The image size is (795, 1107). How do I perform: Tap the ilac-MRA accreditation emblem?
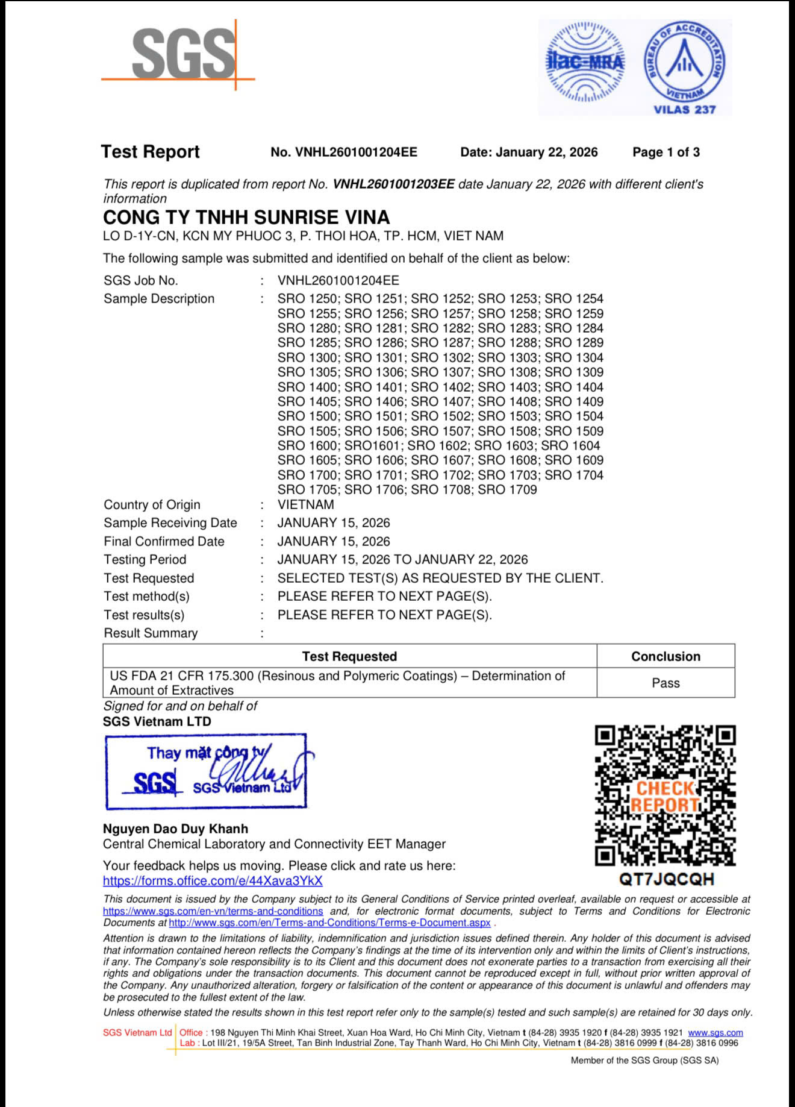(584, 63)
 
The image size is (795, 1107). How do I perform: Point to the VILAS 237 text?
(685, 109)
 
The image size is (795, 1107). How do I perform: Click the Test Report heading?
(150, 151)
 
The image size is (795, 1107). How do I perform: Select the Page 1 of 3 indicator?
(666, 152)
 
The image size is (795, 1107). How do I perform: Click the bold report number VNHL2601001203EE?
(393, 184)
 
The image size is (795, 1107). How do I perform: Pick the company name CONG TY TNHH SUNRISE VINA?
(246, 217)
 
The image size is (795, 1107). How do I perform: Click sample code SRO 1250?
(308, 299)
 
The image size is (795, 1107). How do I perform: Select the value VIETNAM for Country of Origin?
(305, 504)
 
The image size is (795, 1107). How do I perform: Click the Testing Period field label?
(145, 559)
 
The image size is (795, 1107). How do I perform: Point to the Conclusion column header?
(666, 656)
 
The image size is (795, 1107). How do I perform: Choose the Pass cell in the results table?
(666, 683)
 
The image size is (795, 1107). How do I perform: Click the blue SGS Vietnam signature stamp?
(206, 771)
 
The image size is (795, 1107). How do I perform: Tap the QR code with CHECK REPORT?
(665, 795)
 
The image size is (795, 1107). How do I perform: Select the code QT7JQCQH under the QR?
(666, 879)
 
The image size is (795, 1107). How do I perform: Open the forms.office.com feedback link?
(213, 881)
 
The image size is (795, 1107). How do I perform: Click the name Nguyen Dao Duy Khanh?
(175, 829)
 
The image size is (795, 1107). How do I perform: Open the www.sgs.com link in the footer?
(715, 1032)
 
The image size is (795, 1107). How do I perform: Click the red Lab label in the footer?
(187, 1043)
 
